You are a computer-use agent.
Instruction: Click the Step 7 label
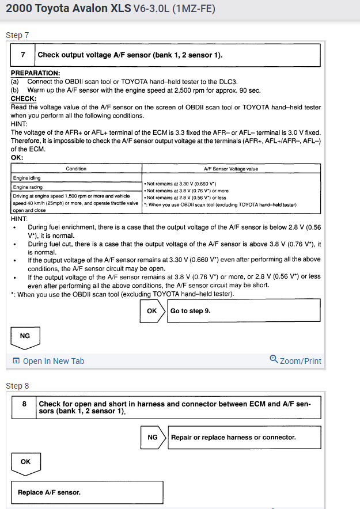pos(17,35)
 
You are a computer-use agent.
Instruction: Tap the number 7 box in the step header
pos(23,55)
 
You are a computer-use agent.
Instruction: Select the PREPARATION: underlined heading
pos(35,73)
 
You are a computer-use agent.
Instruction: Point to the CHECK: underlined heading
pos(24,98)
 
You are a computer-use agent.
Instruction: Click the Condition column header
pos(76,169)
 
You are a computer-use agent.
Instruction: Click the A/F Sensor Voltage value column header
pos(231,169)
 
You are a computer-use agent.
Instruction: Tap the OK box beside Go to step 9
pos(152,310)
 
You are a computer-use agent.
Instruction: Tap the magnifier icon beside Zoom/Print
pos(274,360)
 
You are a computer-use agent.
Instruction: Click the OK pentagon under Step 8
pos(26,462)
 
